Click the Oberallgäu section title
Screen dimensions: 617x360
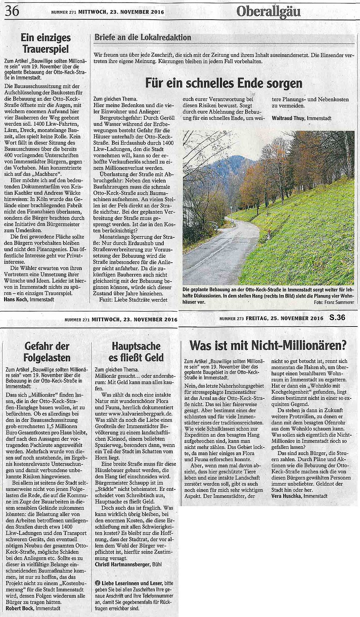point(269,12)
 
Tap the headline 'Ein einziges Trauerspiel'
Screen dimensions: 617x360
point(46,43)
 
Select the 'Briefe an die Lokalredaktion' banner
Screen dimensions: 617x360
point(143,37)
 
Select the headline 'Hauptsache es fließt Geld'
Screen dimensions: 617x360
point(137,352)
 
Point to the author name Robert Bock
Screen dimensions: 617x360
point(17,608)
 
